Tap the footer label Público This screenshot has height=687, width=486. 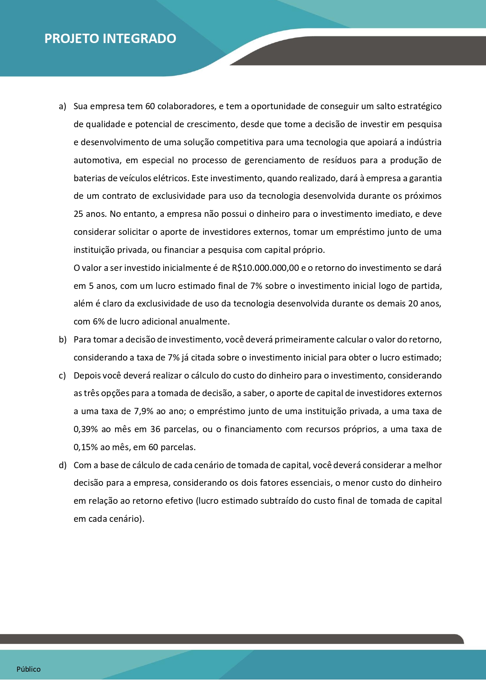tap(29, 669)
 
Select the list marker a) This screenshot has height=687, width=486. tap(62, 106)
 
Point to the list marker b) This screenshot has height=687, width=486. tap(63, 340)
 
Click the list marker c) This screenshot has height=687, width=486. tap(62, 376)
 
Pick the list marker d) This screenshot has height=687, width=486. tap(63, 465)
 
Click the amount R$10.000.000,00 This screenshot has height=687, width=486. tap(266, 268)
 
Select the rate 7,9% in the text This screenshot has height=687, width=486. tap(144, 411)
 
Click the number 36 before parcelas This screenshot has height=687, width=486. tap(155, 429)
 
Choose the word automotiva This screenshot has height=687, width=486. tap(96, 160)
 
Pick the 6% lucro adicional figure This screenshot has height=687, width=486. tap(98, 322)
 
